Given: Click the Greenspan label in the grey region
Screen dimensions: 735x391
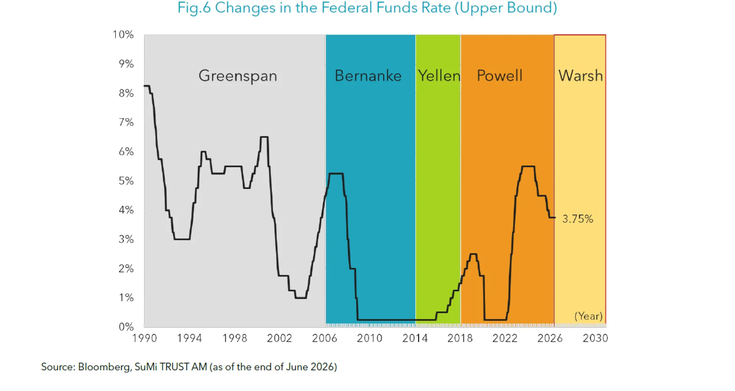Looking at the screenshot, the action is [238, 76].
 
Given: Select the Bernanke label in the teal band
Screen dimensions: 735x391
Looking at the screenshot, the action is [368, 76].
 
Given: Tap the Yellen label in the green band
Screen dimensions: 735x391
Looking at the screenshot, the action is [439, 76].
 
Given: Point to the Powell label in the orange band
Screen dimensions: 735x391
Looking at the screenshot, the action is [500, 76].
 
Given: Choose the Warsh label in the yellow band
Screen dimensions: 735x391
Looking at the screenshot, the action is [580, 76].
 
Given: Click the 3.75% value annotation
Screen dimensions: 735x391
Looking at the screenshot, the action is [578, 219].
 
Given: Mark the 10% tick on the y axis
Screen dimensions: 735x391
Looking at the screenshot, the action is [123, 34].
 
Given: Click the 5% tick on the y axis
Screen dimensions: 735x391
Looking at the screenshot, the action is [126, 181].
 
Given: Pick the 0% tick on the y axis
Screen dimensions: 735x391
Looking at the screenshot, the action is [126, 327].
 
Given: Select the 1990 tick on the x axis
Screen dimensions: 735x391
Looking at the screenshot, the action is [144, 338].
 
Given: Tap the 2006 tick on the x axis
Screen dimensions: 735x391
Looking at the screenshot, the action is [325, 338].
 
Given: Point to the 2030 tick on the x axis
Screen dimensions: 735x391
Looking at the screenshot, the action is [595, 338].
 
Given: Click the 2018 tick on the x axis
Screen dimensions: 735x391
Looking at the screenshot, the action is [460, 338].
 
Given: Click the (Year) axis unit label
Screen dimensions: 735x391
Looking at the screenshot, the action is [588, 316].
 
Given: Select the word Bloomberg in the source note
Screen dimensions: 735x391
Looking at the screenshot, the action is [105, 367].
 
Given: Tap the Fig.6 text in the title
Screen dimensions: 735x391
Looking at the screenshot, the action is [194, 8].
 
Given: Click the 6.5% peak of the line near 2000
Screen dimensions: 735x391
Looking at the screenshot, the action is [264, 137].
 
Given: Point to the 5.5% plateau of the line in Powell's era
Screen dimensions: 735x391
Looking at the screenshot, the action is [528, 166].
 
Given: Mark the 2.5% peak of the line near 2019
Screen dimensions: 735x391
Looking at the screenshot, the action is [473, 254].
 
